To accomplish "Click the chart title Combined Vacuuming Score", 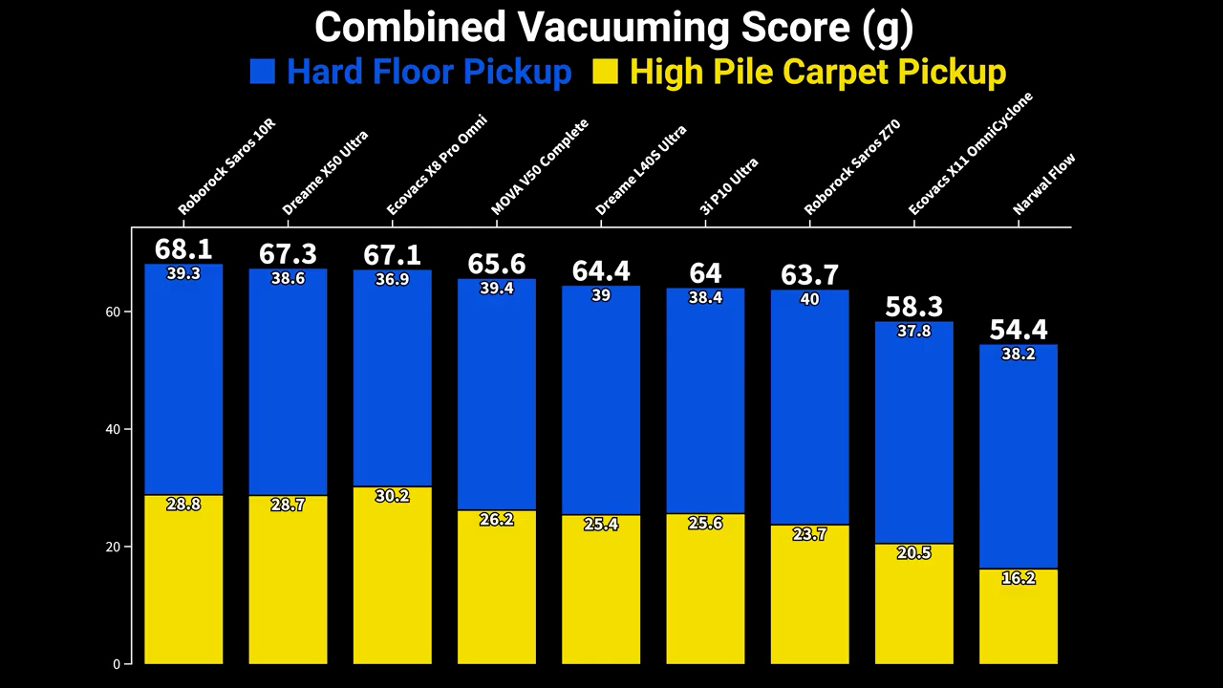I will pyautogui.click(x=613, y=27).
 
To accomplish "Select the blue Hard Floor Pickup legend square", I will pyautogui.click(x=262, y=72).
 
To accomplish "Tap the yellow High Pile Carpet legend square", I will pyautogui.click(x=605, y=72).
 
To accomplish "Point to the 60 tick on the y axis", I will pyautogui.click(x=113, y=312).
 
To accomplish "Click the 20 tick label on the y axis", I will pyautogui.click(x=113, y=548).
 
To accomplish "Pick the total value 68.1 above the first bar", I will pyautogui.click(x=183, y=249).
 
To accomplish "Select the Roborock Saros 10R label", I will pyautogui.click(x=226, y=167).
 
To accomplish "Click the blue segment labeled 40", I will pyautogui.click(x=809, y=411).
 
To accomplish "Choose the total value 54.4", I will pyautogui.click(x=1019, y=330).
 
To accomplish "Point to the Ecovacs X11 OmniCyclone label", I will pyautogui.click(x=971, y=153).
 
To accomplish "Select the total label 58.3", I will pyautogui.click(x=914, y=307).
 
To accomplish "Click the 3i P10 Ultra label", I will pyautogui.click(x=729, y=185).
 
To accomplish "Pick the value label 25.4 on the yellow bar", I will pyautogui.click(x=601, y=524).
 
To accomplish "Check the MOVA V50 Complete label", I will pyautogui.click(x=540, y=166).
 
